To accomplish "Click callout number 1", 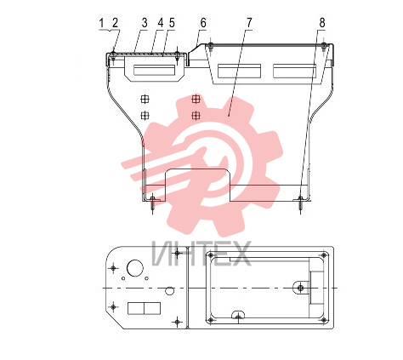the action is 101,23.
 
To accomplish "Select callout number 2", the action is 115,23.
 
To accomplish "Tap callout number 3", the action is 145,23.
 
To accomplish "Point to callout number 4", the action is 161,23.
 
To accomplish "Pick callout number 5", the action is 172,23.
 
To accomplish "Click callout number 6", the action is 203,23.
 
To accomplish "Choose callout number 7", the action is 249,23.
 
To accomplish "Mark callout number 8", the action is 322,23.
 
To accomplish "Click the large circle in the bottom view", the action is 135,268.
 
